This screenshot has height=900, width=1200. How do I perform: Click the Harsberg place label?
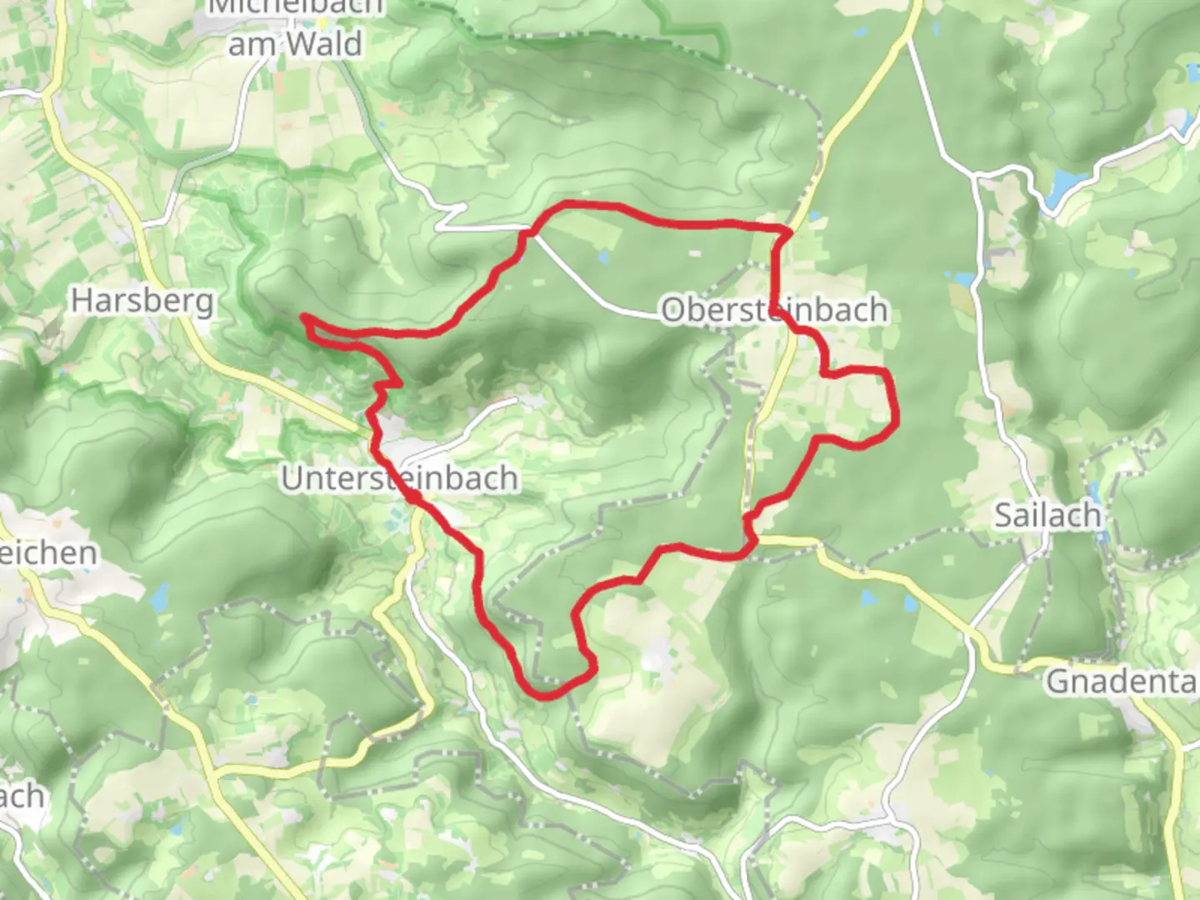[x=142, y=300]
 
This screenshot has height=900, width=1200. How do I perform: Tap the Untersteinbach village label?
[x=399, y=478]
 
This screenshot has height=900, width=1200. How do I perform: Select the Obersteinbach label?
[x=774, y=310]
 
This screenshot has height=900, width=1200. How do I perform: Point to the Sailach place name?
[x=1047, y=516]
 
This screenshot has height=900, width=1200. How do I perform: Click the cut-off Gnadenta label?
[x=1122, y=681]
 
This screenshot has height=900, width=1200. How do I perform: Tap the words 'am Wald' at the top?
[x=295, y=43]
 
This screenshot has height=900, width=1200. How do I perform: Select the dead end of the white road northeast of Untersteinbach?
[x=516, y=401]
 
